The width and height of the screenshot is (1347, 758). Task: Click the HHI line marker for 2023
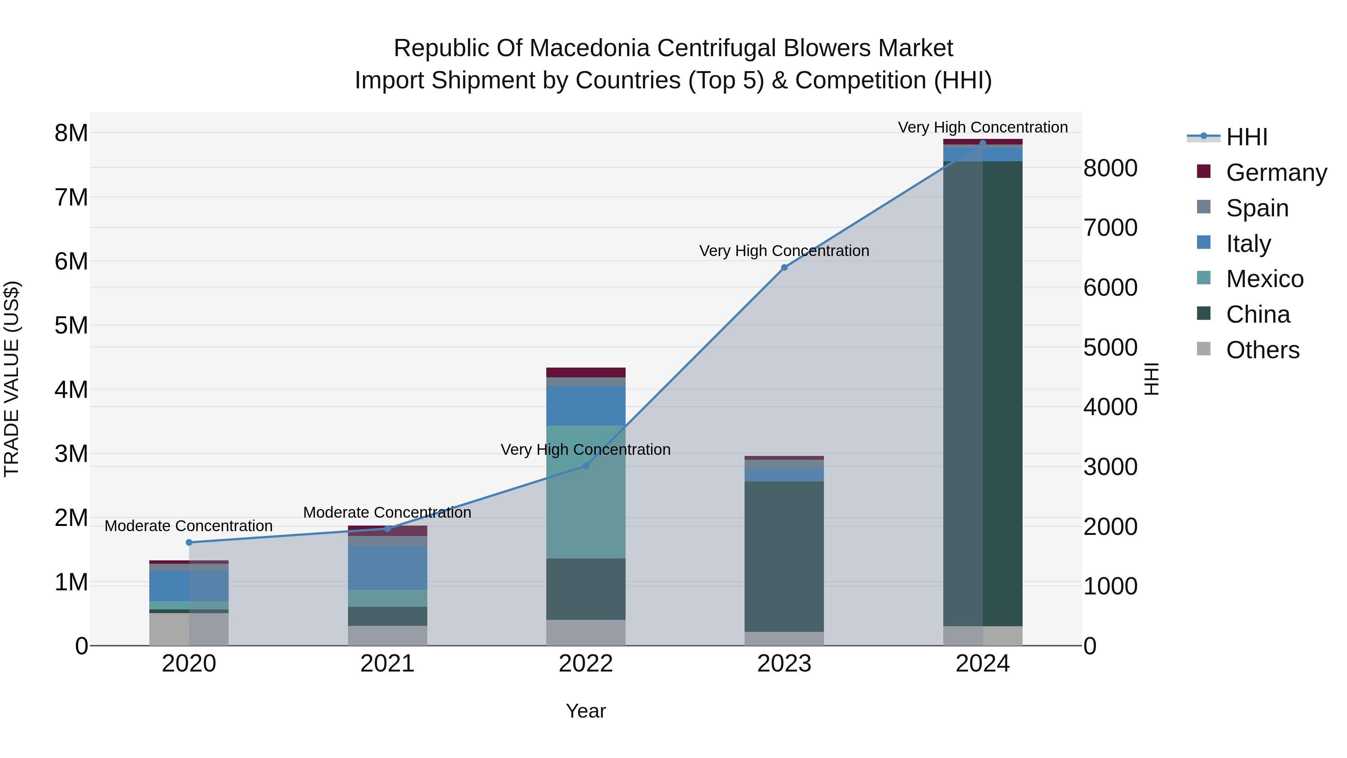[784, 267]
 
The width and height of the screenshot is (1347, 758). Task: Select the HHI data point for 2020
[189, 542]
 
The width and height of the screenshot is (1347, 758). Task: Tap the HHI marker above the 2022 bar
[586, 466]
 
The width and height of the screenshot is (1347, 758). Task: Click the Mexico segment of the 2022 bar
[586, 492]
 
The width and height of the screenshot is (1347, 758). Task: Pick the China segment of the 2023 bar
[784, 556]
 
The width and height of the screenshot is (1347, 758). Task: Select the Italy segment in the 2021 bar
[388, 567]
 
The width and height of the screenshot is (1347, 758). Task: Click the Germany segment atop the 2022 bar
[586, 372]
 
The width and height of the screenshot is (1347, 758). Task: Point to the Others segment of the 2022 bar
[586, 633]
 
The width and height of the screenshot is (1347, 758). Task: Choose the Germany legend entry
[1276, 172]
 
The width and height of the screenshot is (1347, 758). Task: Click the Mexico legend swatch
[1203, 278]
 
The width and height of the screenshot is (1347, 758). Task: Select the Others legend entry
[1262, 350]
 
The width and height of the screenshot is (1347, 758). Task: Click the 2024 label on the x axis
[983, 664]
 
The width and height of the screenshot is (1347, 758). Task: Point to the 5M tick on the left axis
[71, 325]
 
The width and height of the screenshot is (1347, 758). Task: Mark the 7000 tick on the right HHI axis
[1110, 228]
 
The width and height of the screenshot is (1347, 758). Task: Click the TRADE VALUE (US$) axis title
[12, 379]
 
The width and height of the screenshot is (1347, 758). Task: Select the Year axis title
[586, 711]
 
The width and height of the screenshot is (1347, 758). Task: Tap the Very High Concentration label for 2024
[983, 127]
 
